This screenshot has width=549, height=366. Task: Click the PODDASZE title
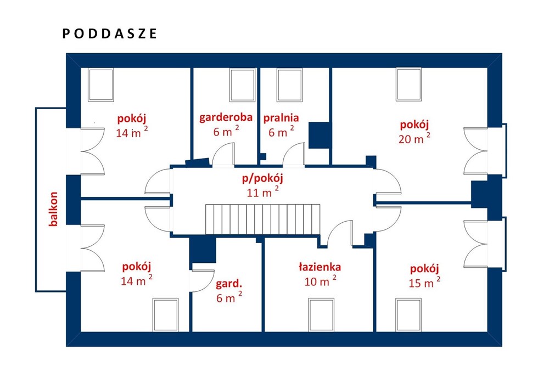[110, 33]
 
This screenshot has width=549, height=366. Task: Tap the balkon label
[53, 209]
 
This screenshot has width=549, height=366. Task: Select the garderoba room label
[226, 117]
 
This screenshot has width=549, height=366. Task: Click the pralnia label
[281, 118]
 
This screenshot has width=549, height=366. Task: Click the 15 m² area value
[424, 281]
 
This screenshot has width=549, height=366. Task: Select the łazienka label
[320, 267]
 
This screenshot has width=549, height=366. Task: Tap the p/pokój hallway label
[262, 178]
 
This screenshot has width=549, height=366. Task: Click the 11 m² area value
[263, 192]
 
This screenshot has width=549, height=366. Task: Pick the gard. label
[229, 284]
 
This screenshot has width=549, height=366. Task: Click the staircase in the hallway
[262, 219]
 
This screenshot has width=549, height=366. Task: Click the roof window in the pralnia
[289, 85]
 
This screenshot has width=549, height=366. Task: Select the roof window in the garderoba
[242, 85]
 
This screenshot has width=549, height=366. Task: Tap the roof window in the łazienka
[321, 314]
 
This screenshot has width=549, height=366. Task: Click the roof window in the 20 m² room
[409, 85]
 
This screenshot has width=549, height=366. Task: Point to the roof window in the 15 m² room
[408, 314]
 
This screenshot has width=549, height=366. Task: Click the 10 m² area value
[321, 280]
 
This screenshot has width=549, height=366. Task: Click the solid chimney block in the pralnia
[319, 135]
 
